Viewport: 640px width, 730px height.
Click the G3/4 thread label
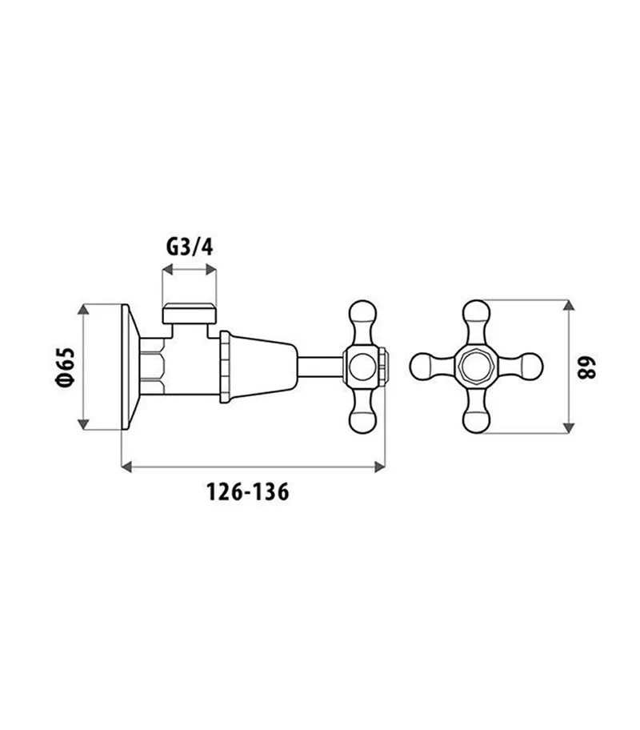(x=190, y=247)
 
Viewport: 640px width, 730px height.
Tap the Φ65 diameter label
(x=65, y=367)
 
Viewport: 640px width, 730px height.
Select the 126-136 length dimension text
(x=248, y=491)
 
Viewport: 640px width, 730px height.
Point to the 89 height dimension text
(x=586, y=367)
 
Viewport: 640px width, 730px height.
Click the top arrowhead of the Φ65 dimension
(x=83, y=309)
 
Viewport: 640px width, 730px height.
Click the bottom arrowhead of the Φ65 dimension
(x=83, y=423)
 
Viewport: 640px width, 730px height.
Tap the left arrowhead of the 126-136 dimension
(x=126, y=467)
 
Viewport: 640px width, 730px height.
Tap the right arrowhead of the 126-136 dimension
(x=380, y=467)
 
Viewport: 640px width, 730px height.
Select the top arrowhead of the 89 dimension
(x=568, y=305)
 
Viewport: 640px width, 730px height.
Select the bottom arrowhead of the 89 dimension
(x=568, y=428)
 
